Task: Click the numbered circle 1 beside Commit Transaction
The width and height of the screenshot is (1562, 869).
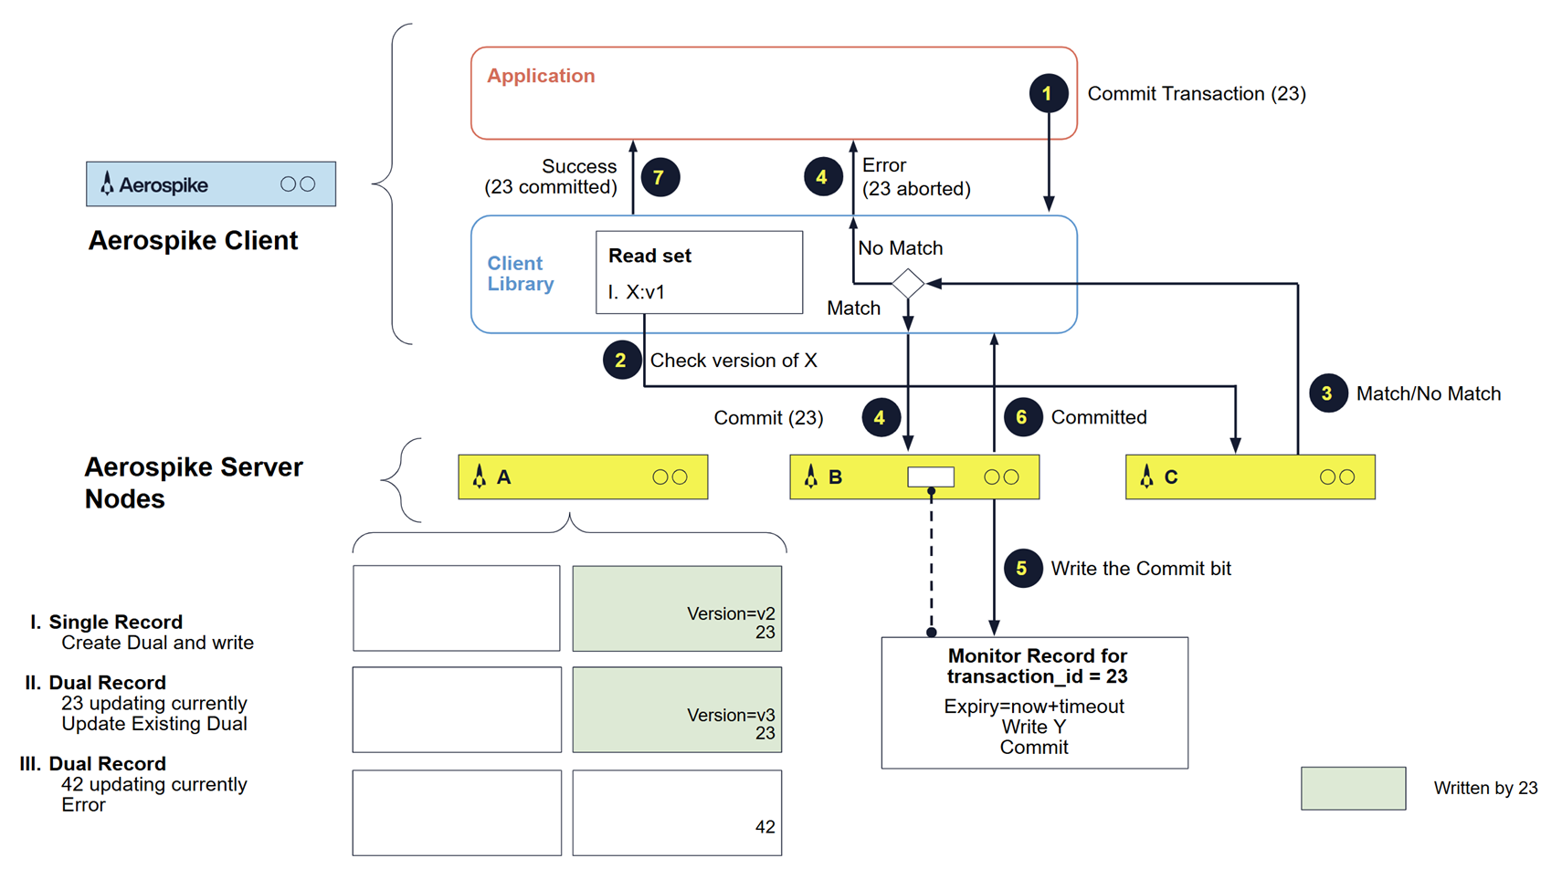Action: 1048,93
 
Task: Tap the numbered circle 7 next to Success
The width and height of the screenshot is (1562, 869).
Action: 660,177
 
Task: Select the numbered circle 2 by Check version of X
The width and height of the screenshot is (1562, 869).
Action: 621,361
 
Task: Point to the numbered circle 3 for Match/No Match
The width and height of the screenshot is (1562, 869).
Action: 1327,393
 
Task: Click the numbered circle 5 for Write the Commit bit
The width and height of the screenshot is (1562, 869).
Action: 1022,569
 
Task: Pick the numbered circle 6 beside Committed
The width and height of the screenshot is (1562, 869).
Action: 1022,417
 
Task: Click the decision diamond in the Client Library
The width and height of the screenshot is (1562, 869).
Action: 908,284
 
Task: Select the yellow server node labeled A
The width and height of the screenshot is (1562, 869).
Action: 583,476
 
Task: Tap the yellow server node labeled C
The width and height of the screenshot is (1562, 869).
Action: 1250,476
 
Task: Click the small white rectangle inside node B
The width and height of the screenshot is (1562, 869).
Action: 931,476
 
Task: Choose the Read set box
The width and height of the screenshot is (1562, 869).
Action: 699,272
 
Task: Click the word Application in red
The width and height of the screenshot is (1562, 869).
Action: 541,76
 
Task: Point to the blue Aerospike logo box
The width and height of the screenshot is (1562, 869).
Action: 211,184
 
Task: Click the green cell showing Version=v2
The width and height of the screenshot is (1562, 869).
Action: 677,609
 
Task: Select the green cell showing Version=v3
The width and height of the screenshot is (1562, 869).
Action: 677,709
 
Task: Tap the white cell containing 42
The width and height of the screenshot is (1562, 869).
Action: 677,812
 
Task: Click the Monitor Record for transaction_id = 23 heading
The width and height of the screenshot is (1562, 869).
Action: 1037,666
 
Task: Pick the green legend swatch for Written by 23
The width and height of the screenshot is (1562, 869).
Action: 1353,789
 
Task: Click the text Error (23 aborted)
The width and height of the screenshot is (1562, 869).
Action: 915,177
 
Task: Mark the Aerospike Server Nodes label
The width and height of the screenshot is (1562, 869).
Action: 193,483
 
